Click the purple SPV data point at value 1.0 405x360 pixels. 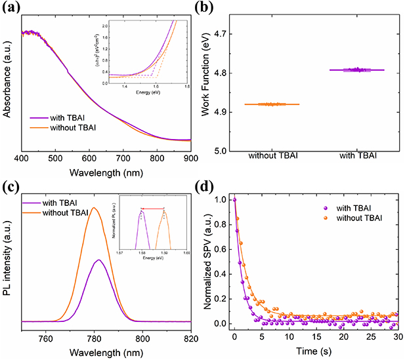pyautogui.click(x=234, y=199)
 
